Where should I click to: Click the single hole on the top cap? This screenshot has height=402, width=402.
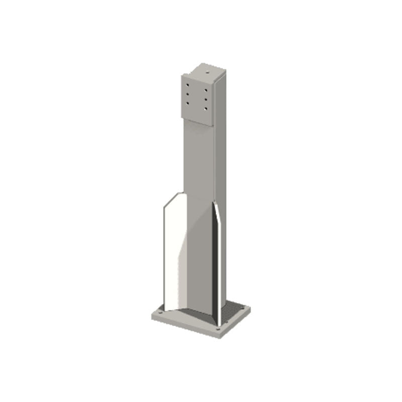tap(206, 72)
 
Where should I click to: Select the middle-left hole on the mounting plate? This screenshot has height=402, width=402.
tap(188, 94)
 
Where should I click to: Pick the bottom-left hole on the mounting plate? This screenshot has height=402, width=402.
tap(188, 103)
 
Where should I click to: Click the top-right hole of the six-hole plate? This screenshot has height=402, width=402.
tap(206, 90)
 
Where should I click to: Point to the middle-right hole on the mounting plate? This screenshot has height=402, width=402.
tap(206, 99)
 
